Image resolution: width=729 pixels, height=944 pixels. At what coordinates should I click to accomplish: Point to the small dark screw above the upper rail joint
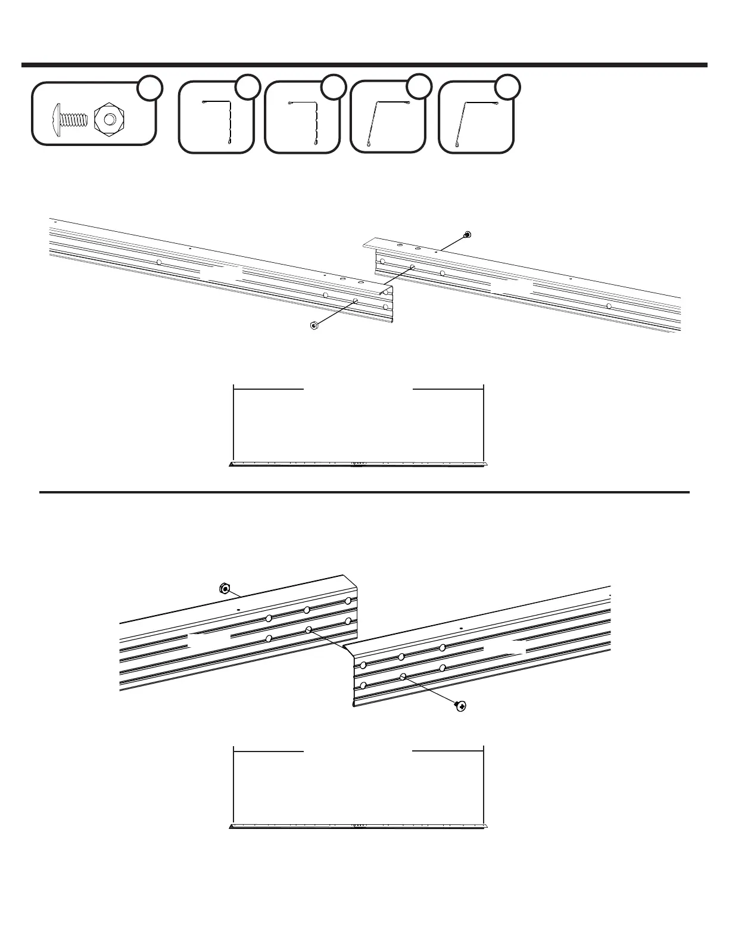[466, 234]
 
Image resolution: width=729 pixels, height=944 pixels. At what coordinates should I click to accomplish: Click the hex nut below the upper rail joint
[313, 325]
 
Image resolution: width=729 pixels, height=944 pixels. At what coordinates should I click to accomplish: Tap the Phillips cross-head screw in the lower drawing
[460, 706]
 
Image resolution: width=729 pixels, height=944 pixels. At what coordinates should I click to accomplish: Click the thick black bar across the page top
[364, 64]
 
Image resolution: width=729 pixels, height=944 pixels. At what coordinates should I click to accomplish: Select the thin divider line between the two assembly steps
[364, 492]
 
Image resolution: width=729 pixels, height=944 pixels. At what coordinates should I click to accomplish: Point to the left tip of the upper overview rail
[231, 465]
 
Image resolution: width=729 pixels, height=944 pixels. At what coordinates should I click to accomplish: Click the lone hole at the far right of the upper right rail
[608, 306]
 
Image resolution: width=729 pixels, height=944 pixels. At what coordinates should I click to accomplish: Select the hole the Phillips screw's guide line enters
[403, 676]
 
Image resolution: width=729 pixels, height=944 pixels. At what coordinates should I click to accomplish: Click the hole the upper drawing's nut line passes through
[355, 302]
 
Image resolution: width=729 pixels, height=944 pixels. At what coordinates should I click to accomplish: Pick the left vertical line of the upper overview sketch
[233, 423]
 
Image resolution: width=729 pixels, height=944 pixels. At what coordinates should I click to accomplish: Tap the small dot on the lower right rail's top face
[462, 628]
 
